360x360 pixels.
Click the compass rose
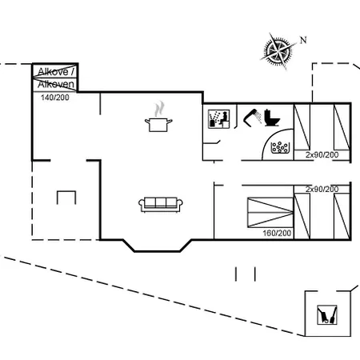[x=278, y=50]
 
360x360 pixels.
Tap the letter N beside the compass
[x=303, y=40]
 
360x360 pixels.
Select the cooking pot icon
[x=158, y=125]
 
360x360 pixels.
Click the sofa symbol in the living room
[x=161, y=205]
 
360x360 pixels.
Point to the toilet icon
[x=272, y=118]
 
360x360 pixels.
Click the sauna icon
[x=218, y=119]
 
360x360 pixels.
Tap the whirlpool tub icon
[x=280, y=147]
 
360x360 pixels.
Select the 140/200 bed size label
[x=55, y=98]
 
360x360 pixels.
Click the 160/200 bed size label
[x=277, y=233]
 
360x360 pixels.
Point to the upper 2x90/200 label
[x=322, y=154]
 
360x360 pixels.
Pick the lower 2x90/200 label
[x=322, y=189]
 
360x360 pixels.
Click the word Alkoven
[x=56, y=84]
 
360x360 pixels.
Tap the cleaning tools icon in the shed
[x=327, y=315]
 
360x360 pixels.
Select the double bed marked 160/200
[x=270, y=213]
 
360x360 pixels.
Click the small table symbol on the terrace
[x=66, y=198]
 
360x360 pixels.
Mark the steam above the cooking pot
[x=159, y=109]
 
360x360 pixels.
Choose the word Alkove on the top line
[x=53, y=72]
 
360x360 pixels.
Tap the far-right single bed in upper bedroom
[x=342, y=127]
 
